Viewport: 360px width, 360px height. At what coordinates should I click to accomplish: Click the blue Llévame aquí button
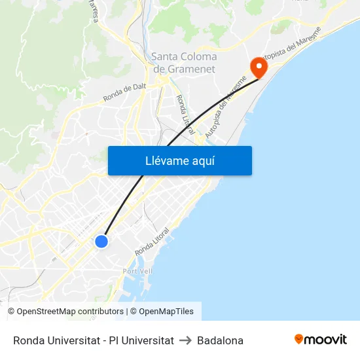pos(179,160)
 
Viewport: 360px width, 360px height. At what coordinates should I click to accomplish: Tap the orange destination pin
pos(258,65)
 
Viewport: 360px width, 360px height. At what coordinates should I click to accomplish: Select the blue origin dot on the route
pos(101,242)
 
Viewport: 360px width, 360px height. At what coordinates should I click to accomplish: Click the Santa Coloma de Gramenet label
pos(184,63)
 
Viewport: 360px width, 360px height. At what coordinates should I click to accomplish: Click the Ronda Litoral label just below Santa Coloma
pos(185,115)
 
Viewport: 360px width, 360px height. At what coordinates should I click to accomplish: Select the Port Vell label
pos(137,271)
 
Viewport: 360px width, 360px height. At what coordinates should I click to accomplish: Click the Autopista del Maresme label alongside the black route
pos(226,108)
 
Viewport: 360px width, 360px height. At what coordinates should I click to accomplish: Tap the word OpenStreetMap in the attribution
pos(46,312)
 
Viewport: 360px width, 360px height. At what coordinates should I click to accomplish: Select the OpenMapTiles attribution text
pos(166,312)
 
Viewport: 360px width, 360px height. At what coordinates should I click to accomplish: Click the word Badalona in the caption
pos(220,340)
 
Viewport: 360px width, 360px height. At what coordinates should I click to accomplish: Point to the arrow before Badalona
pos(185,340)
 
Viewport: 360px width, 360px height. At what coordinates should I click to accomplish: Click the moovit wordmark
pos(325,340)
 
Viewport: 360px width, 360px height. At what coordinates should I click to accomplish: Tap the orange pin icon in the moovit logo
pos(299,339)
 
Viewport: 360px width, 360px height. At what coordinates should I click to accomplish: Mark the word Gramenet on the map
pos(192,69)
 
